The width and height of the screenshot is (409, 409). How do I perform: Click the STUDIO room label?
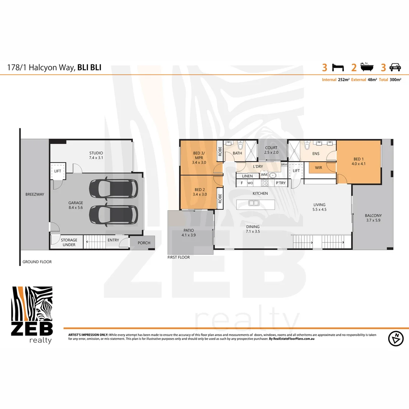[96, 155]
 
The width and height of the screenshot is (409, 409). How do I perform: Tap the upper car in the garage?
[113, 189]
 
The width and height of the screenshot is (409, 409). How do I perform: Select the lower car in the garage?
[113, 214]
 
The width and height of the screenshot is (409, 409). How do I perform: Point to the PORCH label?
[144, 243]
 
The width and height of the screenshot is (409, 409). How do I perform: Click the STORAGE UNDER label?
[69, 242]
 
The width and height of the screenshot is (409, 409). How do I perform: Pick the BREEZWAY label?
[34, 194]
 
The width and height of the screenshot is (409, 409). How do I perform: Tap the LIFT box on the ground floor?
[58, 171]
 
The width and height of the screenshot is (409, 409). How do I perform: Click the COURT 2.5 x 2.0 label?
[271, 150]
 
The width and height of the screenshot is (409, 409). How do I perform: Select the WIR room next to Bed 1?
[318, 167]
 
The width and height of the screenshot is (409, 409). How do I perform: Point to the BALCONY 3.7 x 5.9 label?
[373, 218]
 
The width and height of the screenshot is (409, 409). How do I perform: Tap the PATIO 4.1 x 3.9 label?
[188, 233]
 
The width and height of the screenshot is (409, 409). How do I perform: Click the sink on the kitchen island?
[253, 203]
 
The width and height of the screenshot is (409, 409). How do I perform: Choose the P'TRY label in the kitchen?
[281, 183]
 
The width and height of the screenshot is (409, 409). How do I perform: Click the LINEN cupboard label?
[247, 176]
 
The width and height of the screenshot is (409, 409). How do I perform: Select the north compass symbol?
[396, 338]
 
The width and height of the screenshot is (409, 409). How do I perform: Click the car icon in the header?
[395, 68]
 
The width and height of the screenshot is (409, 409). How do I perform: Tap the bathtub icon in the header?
[366, 68]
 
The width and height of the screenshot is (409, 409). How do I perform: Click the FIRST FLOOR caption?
[178, 257]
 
